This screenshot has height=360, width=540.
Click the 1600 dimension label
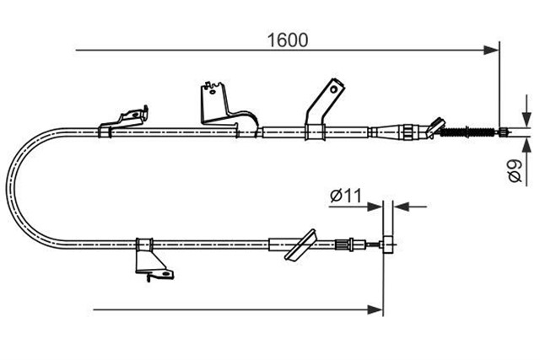(288, 40)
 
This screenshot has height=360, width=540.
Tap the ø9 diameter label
(516, 170)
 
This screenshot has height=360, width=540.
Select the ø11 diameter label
(346, 196)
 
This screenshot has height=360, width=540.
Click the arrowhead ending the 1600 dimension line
(491, 51)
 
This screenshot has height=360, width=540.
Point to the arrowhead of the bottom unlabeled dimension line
(375, 309)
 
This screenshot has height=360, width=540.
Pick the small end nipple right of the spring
(503, 132)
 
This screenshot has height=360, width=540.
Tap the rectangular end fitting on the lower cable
(388, 244)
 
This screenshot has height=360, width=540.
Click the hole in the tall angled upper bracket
(333, 89)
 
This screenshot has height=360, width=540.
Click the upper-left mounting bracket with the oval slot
(124, 121)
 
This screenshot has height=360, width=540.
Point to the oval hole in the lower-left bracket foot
(166, 274)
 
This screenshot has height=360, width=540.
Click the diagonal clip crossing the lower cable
(300, 245)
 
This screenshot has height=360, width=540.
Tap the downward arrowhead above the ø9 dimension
(526, 119)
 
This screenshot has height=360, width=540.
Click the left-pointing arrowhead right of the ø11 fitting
(402, 207)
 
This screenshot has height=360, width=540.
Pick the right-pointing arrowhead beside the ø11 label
(375, 207)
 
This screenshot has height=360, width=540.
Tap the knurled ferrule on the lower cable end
(341, 244)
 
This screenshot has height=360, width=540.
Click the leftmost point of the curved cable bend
(7, 188)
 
